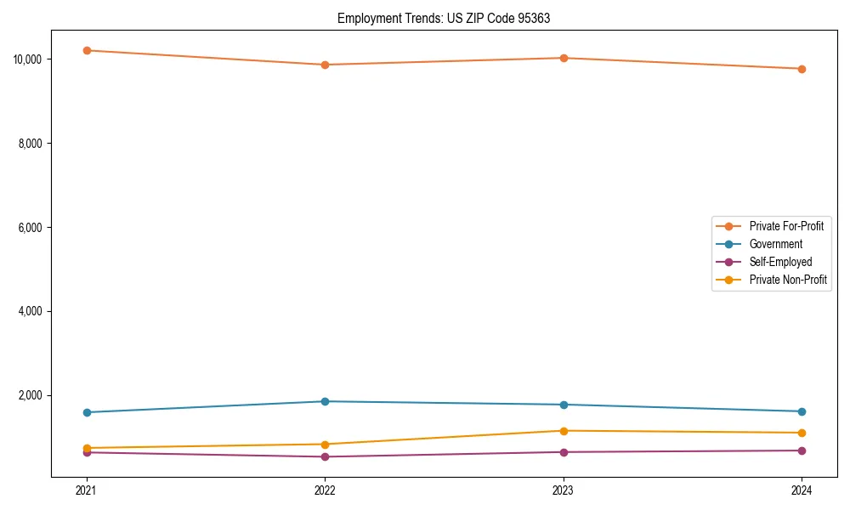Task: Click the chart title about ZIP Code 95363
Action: pyautogui.click(x=444, y=19)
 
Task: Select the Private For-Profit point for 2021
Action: pyautogui.click(x=87, y=50)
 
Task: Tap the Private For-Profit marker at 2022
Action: pyautogui.click(x=325, y=65)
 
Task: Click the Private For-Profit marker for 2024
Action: pyautogui.click(x=802, y=69)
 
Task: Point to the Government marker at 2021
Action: pyautogui.click(x=87, y=412)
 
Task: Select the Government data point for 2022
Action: pyautogui.click(x=325, y=401)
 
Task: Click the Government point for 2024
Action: pyautogui.click(x=802, y=411)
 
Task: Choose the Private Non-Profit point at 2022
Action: pyautogui.click(x=325, y=444)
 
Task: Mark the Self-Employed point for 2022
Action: pyautogui.click(x=325, y=456)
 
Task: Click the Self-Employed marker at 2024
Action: pyautogui.click(x=802, y=450)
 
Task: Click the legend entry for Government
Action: pyautogui.click(x=775, y=244)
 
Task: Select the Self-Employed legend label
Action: pyautogui.click(x=780, y=262)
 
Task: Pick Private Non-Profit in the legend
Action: pyautogui.click(x=788, y=280)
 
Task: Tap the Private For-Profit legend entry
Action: pyautogui.click(x=785, y=226)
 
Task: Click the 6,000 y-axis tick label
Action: pyautogui.click(x=31, y=228)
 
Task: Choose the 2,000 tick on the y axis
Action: pyautogui.click(x=31, y=396)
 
